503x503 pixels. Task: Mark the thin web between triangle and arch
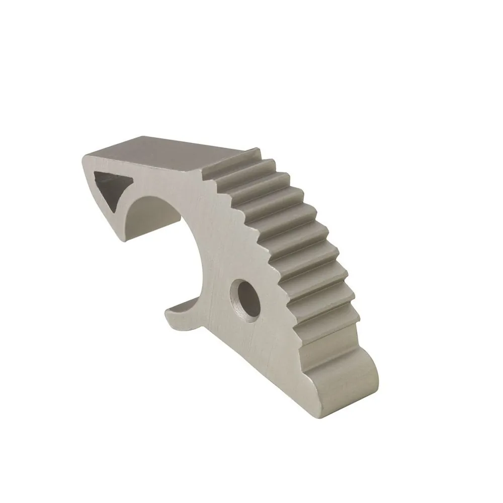pyautogui.click(x=132, y=196)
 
